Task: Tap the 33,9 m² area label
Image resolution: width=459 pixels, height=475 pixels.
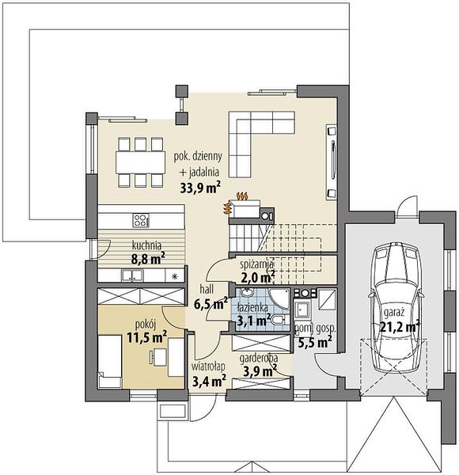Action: tap(200, 188)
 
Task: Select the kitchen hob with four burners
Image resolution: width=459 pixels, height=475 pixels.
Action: tap(141, 220)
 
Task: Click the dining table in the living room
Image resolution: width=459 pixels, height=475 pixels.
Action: tap(140, 161)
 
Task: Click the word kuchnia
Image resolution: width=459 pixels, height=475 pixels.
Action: tap(146, 245)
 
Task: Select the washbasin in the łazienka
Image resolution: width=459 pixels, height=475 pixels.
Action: tap(248, 293)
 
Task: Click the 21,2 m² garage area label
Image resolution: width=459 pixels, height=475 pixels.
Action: tap(400, 326)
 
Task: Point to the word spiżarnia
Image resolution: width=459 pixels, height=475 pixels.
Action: tap(257, 264)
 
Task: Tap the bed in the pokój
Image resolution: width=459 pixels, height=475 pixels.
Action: tap(110, 361)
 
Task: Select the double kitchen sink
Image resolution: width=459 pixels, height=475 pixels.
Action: tap(132, 275)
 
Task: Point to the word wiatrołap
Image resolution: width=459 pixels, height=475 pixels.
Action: tap(208, 367)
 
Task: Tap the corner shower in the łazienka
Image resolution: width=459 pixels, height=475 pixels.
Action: tap(279, 298)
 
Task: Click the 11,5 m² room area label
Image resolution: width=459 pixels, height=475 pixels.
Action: tap(147, 337)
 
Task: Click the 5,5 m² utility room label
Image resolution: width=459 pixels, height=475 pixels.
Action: tap(315, 342)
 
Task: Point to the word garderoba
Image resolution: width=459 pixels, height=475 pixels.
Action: tap(259, 359)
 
